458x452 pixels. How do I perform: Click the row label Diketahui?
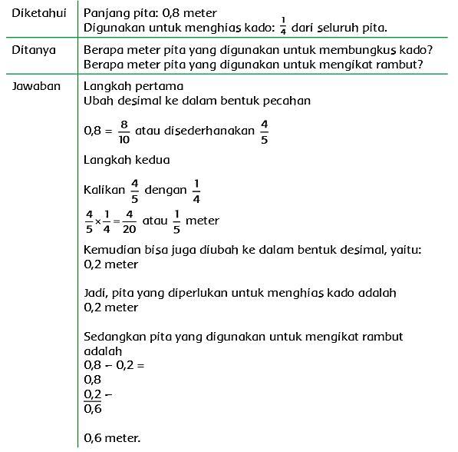(39, 13)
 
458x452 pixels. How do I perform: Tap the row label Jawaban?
(37, 86)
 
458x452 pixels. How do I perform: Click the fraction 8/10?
(124, 131)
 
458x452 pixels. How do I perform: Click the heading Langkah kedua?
(127, 160)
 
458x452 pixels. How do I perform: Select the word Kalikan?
(104, 189)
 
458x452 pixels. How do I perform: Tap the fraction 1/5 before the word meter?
(177, 221)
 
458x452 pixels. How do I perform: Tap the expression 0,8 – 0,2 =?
(114, 365)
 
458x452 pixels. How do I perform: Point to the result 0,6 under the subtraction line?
(93, 409)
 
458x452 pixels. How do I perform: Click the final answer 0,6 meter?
(112, 438)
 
